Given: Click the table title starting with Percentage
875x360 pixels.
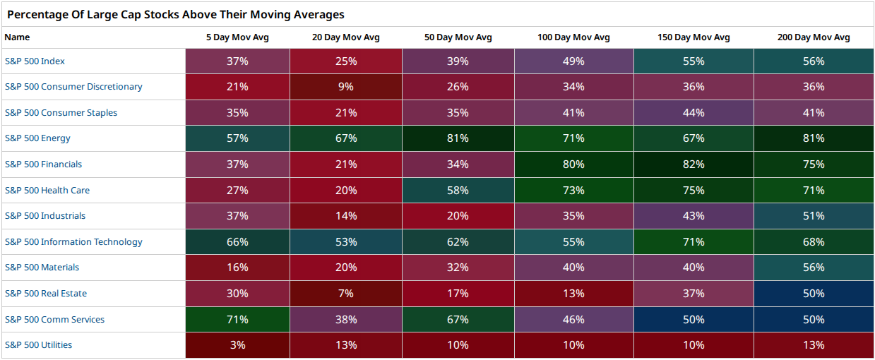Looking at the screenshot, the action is pos(176,14).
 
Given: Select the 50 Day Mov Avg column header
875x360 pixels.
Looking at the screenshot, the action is pos(458,37).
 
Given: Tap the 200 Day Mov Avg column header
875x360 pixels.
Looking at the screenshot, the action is pos(814,37).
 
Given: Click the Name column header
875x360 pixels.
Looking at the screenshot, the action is pos(17,37).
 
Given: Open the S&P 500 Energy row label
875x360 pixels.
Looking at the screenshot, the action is pos(37,138).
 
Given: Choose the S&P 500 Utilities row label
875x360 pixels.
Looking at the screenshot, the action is pos(38,345).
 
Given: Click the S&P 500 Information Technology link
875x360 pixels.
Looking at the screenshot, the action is pos(73,242).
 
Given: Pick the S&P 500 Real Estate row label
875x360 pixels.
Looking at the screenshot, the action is pos(46,294).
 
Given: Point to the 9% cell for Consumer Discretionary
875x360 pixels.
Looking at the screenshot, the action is pos(346,87).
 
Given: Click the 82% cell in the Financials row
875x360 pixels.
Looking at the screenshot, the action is pos(694,164).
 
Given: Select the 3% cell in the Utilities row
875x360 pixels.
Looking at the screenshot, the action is pos(237,345).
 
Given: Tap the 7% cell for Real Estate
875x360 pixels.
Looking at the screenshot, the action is pos(346,294).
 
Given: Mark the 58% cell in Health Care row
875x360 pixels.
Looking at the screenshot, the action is pos(458,191).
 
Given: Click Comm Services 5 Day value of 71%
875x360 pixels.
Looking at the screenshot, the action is pos(237,319).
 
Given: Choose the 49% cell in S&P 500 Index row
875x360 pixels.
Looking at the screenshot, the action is pos(573,61).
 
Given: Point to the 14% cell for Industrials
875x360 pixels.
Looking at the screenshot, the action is pos(346,216).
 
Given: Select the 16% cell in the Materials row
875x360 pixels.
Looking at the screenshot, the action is pos(237,268).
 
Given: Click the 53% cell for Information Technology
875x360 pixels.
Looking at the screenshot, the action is pos(346,242).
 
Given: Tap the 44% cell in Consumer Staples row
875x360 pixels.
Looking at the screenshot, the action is pos(694,113).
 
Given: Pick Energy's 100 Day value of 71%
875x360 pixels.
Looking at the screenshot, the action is pos(573,138).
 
